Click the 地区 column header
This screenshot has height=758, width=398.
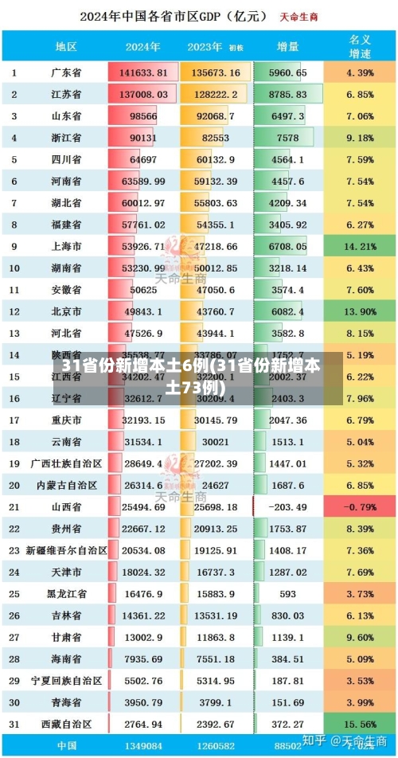66,46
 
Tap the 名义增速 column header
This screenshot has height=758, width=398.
360,46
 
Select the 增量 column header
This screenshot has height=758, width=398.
287,46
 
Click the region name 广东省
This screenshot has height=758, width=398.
66,72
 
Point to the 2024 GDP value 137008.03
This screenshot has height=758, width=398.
143,94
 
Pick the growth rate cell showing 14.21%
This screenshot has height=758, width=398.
360,246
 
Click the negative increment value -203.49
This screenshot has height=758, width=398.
287,506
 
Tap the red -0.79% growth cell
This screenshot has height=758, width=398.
360,506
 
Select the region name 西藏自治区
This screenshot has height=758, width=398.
66,724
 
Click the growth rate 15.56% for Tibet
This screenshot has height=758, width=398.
360,724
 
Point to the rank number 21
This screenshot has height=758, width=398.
14,506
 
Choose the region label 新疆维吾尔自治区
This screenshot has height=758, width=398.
66,550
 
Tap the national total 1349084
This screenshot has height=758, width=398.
143,746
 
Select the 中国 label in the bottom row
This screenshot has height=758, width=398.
66,746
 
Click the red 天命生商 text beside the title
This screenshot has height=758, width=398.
299,16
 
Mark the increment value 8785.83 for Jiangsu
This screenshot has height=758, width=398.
287,94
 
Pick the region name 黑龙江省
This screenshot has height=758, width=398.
66,593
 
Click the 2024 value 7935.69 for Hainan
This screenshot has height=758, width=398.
143,658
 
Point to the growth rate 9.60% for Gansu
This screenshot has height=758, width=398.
360,637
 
